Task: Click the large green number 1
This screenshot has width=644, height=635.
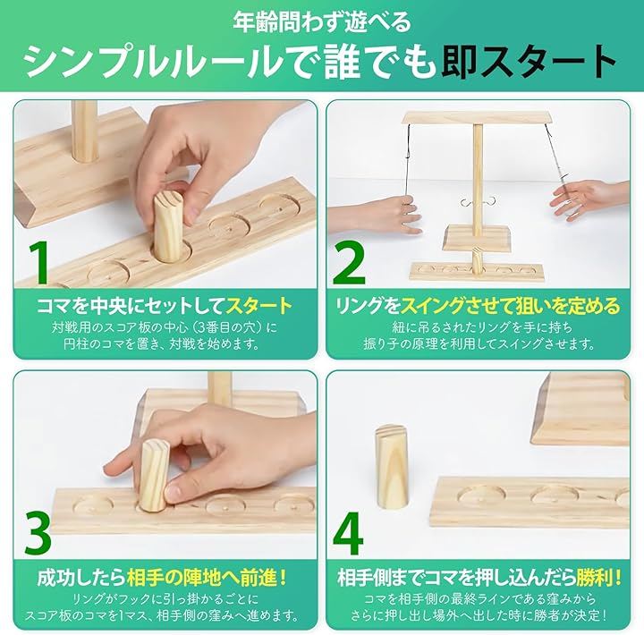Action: point(38,263)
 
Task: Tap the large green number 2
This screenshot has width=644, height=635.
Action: point(349,263)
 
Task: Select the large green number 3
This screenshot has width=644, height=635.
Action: point(38,533)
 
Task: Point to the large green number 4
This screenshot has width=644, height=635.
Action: point(348,533)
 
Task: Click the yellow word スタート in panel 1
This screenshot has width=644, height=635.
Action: point(259,306)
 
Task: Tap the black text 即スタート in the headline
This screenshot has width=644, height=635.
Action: point(529,62)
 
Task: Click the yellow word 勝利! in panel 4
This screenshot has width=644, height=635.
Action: point(598,577)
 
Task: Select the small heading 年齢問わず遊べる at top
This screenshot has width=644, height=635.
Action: point(322,21)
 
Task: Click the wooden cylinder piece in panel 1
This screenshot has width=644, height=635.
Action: point(168,226)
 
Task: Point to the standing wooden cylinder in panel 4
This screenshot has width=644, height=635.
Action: point(392,467)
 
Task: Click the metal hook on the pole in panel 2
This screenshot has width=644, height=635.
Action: point(478,201)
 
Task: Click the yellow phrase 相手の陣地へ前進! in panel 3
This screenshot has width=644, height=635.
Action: point(207,577)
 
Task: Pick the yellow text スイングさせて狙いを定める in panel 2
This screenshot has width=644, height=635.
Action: point(510,306)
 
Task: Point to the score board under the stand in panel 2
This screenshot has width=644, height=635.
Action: point(477,271)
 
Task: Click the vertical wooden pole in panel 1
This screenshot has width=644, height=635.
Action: point(86,131)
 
